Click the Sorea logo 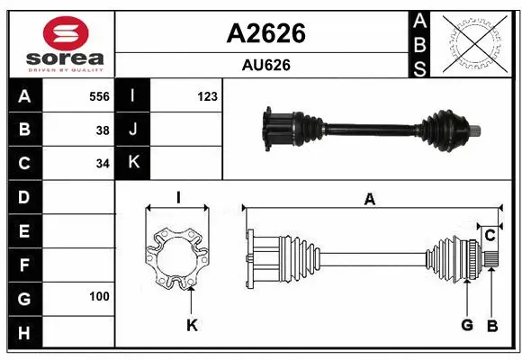59,42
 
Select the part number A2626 265,33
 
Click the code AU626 265,65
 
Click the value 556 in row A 99,95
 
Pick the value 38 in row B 103,130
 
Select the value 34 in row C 103,164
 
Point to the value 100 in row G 99,295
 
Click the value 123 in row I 207,95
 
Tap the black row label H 23,334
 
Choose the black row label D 23,196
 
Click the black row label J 133,130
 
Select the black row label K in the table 133,163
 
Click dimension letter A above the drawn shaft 369,200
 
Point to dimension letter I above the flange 178,197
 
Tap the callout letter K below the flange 192,326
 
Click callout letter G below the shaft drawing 467,325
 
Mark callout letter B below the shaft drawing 491,325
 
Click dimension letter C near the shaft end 490,236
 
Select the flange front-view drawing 178,258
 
